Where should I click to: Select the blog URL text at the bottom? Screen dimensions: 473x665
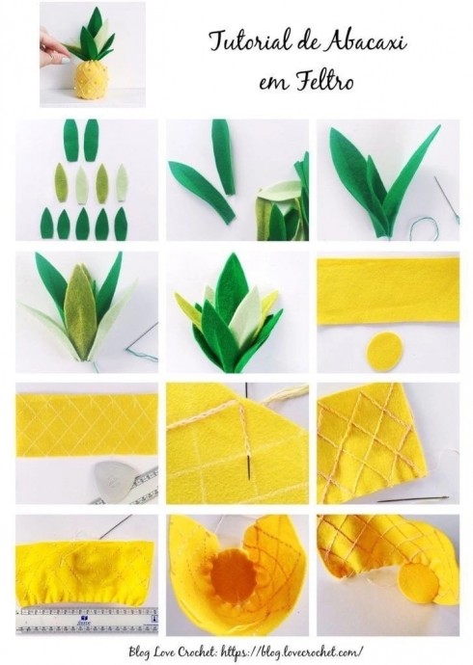pos(293,651)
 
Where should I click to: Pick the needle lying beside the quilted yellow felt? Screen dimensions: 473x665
pos(413,499)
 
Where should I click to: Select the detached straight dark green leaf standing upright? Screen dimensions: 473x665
pos(224,157)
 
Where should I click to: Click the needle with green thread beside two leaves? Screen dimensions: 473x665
pos(446,199)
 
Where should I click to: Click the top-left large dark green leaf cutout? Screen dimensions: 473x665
pos(70,141)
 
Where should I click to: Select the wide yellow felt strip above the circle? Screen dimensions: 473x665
pos(388,292)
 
